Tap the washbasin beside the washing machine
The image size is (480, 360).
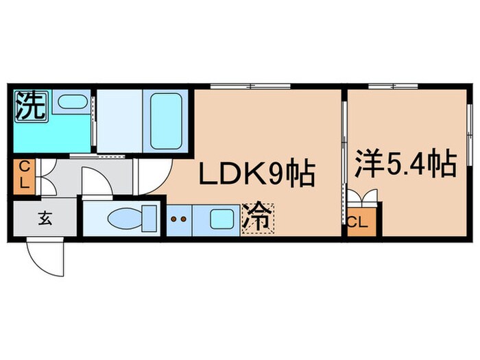pos(72,101)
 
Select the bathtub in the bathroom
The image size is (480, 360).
pos(166,121)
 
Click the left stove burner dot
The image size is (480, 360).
pos(174,219)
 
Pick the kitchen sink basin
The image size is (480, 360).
pos(222,219)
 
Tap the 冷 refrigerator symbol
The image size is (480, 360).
pos(258,219)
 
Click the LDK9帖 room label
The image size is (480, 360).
pos(257,173)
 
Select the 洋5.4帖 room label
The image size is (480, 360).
pos(406,163)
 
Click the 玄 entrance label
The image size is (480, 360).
pos(45,219)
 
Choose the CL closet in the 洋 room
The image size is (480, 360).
pos(361,222)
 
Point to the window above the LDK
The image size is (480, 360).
pos(250,86)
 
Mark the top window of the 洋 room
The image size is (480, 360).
pos(394,86)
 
